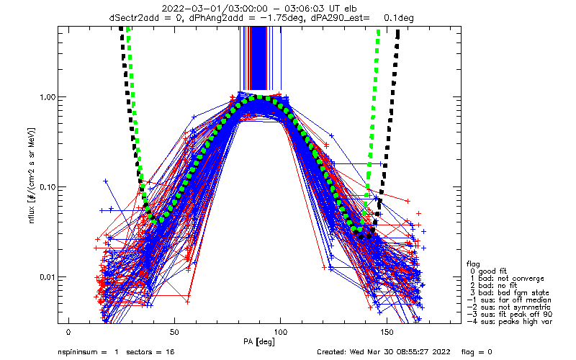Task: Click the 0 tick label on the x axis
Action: (x=68, y=333)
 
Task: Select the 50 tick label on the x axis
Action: (x=174, y=333)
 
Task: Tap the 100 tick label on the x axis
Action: (x=281, y=333)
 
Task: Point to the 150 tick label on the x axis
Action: (x=387, y=333)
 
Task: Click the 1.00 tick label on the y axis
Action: (x=48, y=97)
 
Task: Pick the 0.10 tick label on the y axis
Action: (x=48, y=187)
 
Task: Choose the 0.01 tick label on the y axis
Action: (x=48, y=277)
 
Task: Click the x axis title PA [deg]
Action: (x=259, y=342)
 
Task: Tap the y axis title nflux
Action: (x=32, y=214)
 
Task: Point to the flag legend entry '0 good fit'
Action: (x=488, y=271)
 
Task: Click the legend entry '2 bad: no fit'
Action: (x=493, y=285)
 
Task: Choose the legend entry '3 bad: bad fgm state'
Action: (x=510, y=293)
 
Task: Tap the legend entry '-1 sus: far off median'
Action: (x=509, y=300)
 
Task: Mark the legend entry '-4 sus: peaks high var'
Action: (x=510, y=321)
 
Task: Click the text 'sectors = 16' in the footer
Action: (x=150, y=352)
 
